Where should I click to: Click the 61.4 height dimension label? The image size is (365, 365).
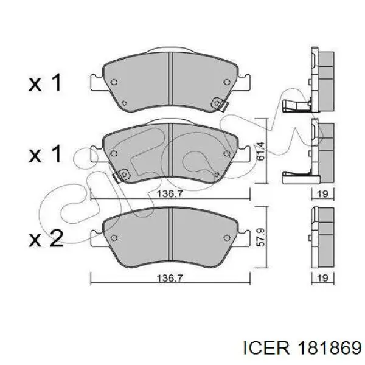tap(261, 151)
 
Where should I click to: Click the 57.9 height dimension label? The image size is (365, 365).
tap(261, 237)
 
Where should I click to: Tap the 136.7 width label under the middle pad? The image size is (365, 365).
tap(169, 193)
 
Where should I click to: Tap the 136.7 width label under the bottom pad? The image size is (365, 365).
tap(169, 278)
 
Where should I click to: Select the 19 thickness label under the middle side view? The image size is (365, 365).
tap(322, 193)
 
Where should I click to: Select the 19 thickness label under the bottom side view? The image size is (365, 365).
tap(322, 278)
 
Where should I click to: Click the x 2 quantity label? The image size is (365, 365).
tap(46, 238)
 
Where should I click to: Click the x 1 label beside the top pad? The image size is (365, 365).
tap(45, 82)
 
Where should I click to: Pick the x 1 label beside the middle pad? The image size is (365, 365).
tap(45, 153)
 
